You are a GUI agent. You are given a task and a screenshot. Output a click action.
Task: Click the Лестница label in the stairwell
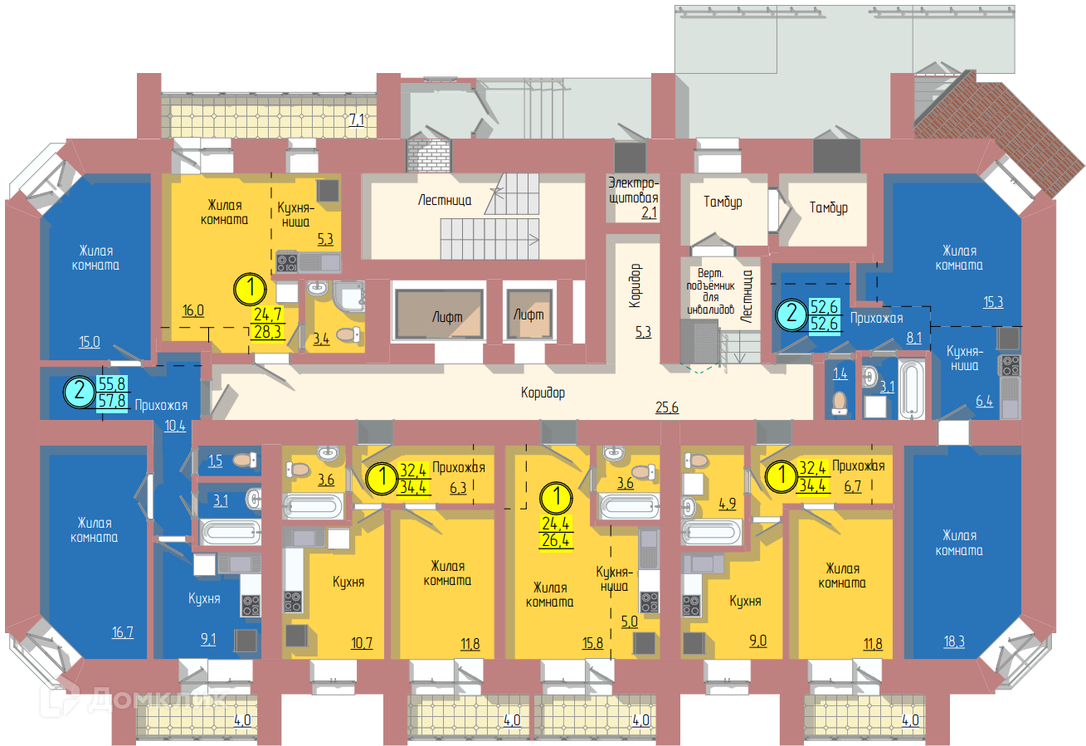coord(445,200)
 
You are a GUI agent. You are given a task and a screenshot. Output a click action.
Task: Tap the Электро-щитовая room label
coord(633,190)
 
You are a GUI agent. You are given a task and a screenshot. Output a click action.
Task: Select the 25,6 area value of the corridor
coord(667,407)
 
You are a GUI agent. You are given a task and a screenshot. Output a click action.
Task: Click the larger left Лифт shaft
coord(439,314)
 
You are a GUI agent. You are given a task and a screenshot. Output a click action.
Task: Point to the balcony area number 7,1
coord(357,119)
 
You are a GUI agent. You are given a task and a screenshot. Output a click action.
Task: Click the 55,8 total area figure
coord(112,383)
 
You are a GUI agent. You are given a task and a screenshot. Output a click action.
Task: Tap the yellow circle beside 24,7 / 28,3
coord(251,289)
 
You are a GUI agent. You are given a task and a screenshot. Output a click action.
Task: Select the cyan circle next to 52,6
coord(791,314)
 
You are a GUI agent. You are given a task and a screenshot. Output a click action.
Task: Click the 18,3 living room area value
coord(953,641)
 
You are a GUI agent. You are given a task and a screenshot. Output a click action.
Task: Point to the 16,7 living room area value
coord(123,632)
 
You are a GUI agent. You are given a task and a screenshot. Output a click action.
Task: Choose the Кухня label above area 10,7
coord(348,582)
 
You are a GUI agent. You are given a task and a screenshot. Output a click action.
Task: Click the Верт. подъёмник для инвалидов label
coord(710,291)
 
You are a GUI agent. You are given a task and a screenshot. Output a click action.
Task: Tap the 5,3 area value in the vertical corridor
coord(643,332)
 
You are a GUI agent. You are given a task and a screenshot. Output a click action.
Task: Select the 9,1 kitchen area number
coord(208,639)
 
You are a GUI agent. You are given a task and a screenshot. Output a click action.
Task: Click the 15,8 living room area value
coord(592,642)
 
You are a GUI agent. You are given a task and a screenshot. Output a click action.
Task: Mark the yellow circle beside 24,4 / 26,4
coord(557,498)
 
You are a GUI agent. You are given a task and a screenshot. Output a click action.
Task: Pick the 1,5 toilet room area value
coord(215,461)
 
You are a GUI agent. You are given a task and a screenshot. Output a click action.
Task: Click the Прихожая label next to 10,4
coord(161,405)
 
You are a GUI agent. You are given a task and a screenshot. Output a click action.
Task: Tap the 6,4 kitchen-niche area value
coord(984,401)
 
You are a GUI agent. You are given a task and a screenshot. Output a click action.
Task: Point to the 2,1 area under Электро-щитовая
coord(649,212)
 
